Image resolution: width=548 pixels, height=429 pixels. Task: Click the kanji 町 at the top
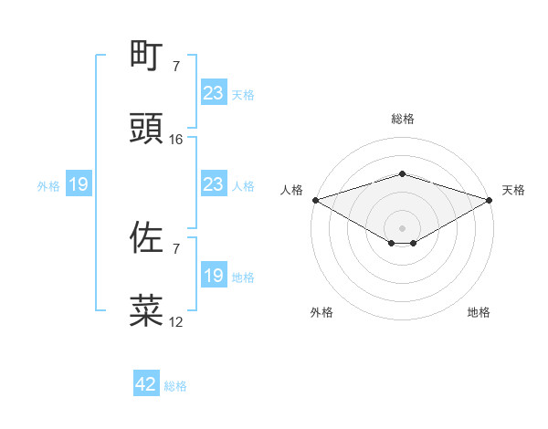click(146, 55)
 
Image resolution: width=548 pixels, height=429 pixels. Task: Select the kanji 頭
click(146, 129)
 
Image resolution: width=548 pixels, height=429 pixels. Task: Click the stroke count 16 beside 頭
click(176, 140)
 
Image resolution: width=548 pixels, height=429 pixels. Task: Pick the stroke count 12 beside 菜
click(176, 322)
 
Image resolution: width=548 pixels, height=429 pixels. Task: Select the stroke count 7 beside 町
click(176, 66)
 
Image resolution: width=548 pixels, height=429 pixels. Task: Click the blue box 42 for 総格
click(146, 385)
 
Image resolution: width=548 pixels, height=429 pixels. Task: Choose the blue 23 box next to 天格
click(214, 93)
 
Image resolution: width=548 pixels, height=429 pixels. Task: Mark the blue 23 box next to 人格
click(214, 185)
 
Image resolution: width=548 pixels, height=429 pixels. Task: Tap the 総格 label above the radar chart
click(402, 119)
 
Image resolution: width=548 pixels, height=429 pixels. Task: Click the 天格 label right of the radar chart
click(514, 190)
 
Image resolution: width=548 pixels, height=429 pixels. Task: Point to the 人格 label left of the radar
click(291, 190)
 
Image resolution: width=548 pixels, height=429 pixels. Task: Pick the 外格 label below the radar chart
click(321, 312)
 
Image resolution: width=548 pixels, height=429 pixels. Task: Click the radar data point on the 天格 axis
click(490, 200)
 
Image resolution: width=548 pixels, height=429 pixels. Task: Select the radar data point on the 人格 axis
click(315, 200)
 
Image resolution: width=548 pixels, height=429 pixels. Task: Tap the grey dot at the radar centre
click(402, 227)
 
